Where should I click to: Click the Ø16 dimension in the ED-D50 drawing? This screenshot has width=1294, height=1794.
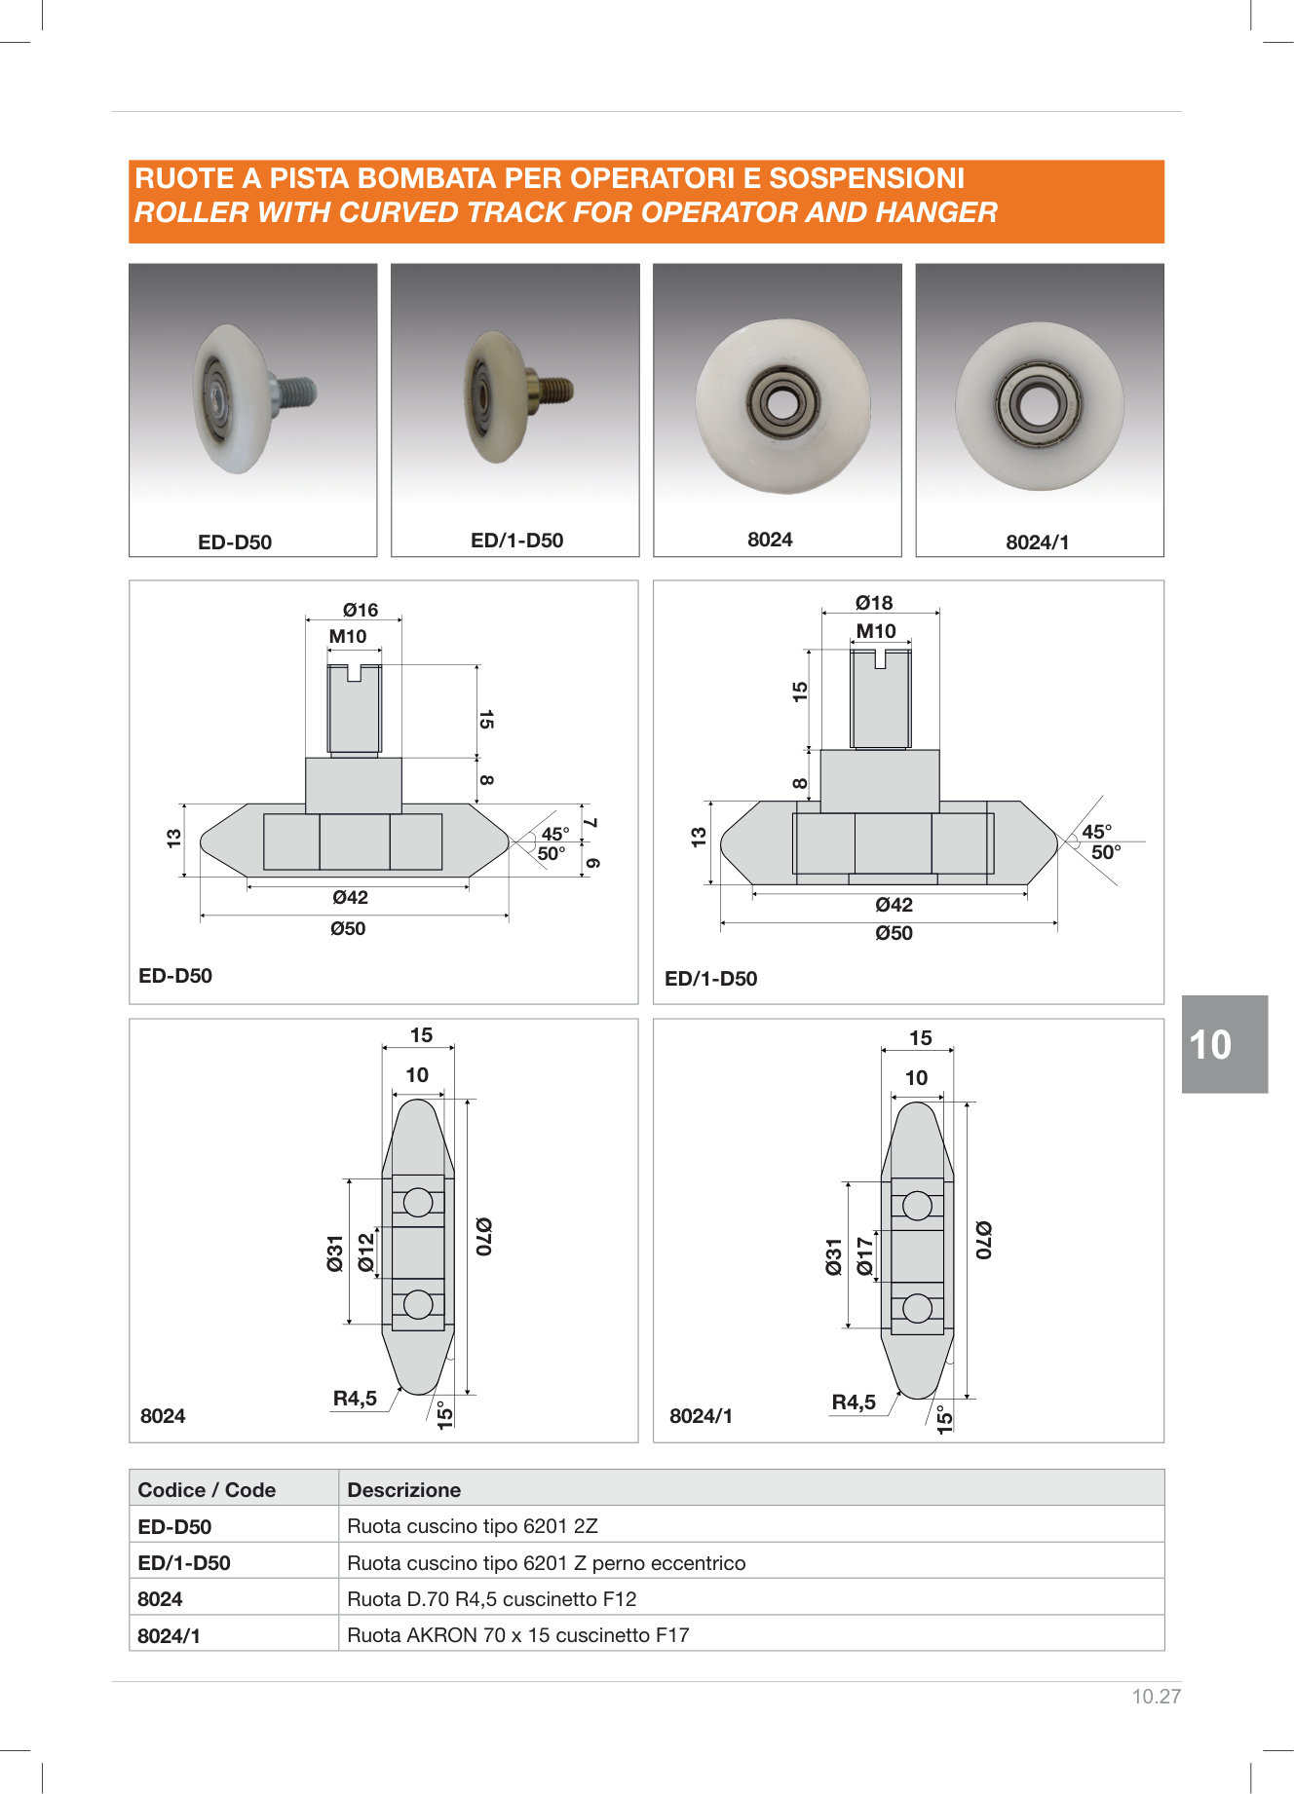[360, 610]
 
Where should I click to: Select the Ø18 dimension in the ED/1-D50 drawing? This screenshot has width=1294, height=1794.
[874, 603]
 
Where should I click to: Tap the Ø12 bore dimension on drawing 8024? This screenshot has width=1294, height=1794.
[365, 1252]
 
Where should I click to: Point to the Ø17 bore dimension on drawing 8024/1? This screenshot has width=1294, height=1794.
[864, 1256]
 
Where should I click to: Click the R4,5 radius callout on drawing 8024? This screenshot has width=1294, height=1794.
[355, 1399]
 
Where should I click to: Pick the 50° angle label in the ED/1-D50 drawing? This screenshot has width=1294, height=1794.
[1106, 852]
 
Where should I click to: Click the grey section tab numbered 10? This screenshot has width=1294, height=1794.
[1225, 1044]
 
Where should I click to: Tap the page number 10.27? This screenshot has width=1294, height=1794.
[1156, 1697]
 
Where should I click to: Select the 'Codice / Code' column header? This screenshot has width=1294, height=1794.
[207, 1490]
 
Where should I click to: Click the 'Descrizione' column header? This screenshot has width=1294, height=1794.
[404, 1490]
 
